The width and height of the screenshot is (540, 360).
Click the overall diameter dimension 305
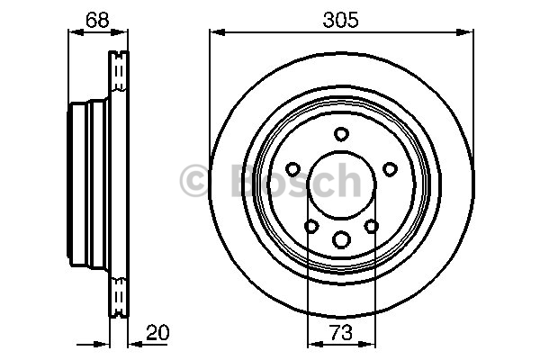(340, 20)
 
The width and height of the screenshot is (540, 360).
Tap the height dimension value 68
(97, 20)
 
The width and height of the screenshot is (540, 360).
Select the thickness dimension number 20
(157, 332)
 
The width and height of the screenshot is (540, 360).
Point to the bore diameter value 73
(341, 332)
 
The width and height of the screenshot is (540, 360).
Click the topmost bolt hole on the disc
(341, 134)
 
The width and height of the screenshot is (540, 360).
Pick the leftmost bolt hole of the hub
(293, 169)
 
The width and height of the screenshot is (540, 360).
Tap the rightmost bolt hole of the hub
(391, 169)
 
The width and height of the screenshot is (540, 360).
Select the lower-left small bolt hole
(311, 226)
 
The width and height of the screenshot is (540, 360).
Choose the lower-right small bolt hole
(371, 226)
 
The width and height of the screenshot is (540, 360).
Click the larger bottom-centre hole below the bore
(341, 239)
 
